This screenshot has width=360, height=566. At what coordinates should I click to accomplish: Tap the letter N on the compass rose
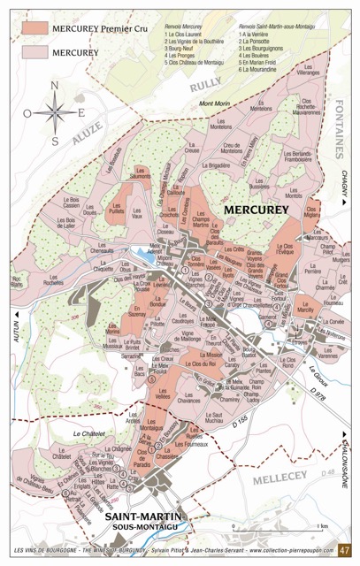[x=54, y=87]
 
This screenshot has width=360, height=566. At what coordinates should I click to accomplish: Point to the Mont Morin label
[x=215, y=104]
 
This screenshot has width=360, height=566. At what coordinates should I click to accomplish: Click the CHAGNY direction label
[x=344, y=186]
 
